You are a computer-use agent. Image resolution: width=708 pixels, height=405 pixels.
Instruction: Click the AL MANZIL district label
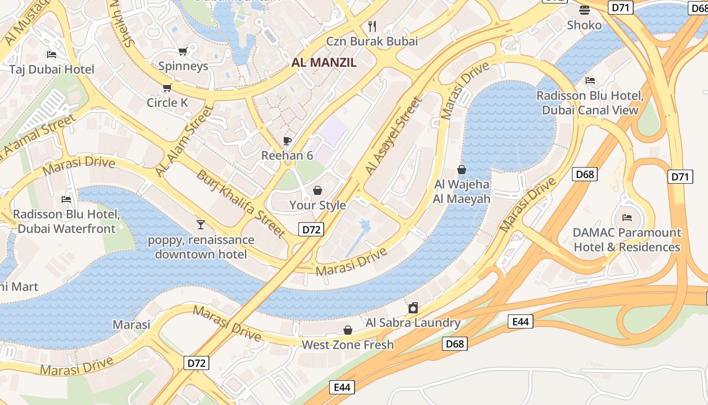[x=324, y=62]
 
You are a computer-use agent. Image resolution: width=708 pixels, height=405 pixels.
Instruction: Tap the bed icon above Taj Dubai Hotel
[x=51, y=54]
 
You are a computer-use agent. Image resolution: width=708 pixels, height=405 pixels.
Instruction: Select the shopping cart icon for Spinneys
[x=183, y=51]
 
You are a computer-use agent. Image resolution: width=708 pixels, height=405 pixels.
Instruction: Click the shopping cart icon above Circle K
[x=167, y=88]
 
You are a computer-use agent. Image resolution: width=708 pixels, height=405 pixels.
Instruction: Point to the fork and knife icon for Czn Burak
[x=372, y=26]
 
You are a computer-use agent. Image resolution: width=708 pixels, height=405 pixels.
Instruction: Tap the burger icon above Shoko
[x=584, y=10]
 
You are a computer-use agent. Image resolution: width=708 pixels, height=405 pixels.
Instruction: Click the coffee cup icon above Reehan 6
[x=287, y=141]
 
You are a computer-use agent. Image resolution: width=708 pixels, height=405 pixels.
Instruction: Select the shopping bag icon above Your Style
[x=318, y=190]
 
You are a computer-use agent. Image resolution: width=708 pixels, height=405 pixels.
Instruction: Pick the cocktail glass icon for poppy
[x=201, y=224]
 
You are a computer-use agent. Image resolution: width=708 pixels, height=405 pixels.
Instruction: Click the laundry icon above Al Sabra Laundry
[x=413, y=308]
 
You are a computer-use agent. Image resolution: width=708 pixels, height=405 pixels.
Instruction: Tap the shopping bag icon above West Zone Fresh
[x=348, y=330]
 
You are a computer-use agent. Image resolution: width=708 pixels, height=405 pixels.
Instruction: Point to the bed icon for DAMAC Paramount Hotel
[x=627, y=218]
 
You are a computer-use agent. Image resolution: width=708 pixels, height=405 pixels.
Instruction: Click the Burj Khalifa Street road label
[x=241, y=204]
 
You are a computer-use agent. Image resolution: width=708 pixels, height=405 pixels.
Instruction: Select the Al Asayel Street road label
[x=393, y=136]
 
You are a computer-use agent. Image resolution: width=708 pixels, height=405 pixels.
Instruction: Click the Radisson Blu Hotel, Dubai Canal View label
[x=590, y=103]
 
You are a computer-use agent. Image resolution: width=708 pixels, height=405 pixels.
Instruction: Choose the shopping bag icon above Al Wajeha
[x=461, y=170]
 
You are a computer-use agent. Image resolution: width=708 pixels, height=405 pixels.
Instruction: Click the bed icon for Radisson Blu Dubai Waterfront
[x=66, y=199]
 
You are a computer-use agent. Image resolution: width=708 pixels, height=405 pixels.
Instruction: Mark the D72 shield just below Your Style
[x=311, y=230]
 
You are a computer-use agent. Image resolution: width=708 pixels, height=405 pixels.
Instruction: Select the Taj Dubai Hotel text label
[x=52, y=69]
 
